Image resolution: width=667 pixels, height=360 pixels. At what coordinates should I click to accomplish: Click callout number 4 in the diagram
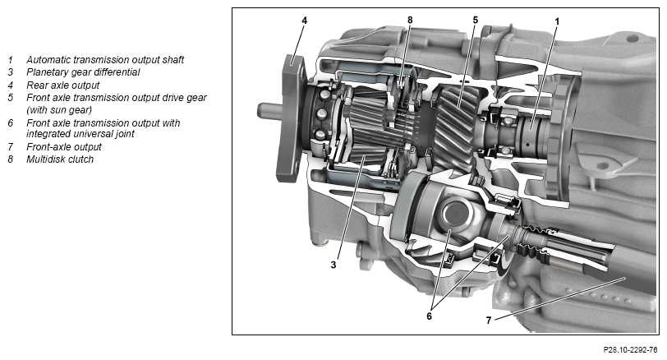304,20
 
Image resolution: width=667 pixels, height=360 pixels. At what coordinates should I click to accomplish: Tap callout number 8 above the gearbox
410,20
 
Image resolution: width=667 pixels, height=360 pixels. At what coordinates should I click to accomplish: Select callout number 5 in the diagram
475,20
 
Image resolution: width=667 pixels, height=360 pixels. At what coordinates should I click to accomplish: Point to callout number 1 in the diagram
557,21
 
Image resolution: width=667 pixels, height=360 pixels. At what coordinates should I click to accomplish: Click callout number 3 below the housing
333,265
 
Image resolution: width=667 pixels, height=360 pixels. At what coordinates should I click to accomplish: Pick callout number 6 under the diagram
429,316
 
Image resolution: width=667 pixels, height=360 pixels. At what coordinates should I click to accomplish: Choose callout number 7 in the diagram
489,320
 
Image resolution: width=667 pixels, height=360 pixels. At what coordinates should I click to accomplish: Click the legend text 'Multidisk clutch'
60,159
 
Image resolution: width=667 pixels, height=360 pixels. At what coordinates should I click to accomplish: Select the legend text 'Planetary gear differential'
83,72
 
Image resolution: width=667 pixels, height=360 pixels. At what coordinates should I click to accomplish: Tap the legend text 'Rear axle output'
63,85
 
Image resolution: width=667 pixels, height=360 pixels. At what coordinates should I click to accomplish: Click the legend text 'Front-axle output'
64,147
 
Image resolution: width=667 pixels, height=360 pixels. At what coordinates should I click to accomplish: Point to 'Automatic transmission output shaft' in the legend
105,59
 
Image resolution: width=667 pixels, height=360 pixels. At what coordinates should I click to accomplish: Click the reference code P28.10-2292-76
630,349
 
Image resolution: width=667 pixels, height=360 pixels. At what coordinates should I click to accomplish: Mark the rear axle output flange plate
292,118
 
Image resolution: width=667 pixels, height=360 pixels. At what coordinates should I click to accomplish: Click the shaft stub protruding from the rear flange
268,112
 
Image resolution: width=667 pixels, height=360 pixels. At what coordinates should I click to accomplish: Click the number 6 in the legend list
10,123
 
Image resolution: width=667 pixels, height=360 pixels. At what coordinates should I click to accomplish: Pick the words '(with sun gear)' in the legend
59,110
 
